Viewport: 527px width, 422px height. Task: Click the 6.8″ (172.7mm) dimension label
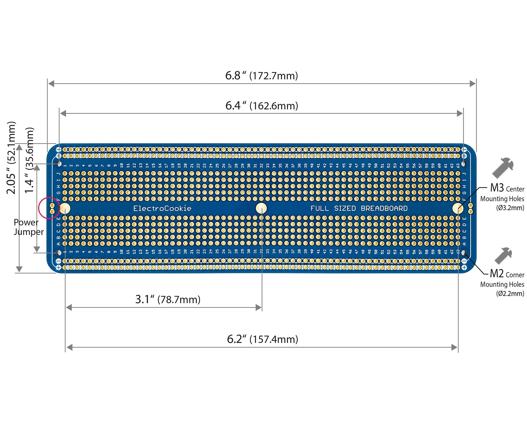coord(261,76)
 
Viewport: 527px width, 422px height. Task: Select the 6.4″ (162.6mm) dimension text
coord(261,106)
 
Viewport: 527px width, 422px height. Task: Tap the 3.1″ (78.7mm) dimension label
coord(168,300)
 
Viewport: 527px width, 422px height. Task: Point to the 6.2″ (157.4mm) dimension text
coord(262,339)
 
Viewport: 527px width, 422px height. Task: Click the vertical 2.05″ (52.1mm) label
coord(11,158)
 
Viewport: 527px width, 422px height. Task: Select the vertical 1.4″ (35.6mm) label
coord(30,160)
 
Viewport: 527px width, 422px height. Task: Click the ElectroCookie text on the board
coord(162,209)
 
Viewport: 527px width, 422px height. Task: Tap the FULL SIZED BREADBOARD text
coord(359,209)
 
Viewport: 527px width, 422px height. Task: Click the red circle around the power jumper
coord(49,208)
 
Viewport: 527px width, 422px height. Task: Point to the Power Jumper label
coord(28,227)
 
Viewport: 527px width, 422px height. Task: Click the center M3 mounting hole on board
coord(261,208)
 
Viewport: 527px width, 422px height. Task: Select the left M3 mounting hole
coord(65,209)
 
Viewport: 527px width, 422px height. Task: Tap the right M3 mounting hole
coord(458,208)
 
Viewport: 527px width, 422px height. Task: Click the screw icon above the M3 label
coord(503,168)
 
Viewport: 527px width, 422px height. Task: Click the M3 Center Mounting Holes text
coord(502,198)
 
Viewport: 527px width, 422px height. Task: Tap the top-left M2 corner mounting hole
coord(59,164)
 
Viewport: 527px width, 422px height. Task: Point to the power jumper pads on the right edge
coord(470,208)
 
